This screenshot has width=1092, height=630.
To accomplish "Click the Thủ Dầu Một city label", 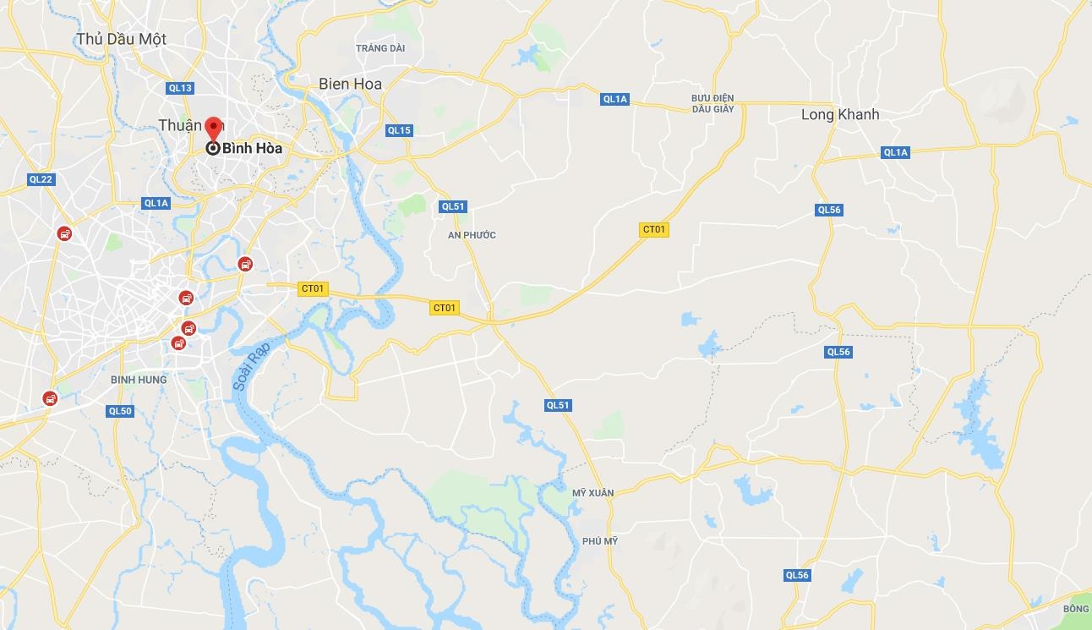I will pyautogui.click(x=121, y=39).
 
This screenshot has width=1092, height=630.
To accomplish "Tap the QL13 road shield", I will pyautogui.click(x=180, y=88).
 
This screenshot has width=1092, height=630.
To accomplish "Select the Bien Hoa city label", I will pyautogui.click(x=350, y=84).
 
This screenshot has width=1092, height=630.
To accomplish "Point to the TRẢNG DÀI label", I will pyautogui.click(x=380, y=48).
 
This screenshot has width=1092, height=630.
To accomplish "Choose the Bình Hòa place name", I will pyautogui.click(x=252, y=148).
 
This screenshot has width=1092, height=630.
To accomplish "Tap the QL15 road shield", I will pyautogui.click(x=399, y=130).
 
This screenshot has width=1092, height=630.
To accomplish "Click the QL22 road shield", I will pyautogui.click(x=41, y=179).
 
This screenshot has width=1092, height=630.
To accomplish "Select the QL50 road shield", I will pyautogui.click(x=120, y=411).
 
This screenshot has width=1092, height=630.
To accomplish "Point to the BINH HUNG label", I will pyautogui.click(x=139, y=380).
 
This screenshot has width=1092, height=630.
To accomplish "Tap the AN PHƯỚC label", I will pyautogui.click(x=472, y=235).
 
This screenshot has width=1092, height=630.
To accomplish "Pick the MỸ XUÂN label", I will pyautogui.click(x=592, y=493).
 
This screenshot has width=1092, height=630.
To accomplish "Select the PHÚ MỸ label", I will pyautogui.click(x=600, y=541).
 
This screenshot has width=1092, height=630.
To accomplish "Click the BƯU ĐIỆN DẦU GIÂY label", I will pyautogui.click(x=712, y=104).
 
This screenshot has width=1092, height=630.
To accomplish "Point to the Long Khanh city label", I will pyautogui.click(x=840, y=114).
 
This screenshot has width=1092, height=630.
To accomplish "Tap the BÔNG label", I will pyautogui.click(x=1076, y=609).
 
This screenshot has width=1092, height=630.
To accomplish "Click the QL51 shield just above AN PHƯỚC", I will pyautogui.click(x=453, y=206).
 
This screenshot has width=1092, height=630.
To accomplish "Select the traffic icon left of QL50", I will pyautogui.click(x=51, y=398).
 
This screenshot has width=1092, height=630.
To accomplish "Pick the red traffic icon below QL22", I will pyautogui.click(x=64, y=233).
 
